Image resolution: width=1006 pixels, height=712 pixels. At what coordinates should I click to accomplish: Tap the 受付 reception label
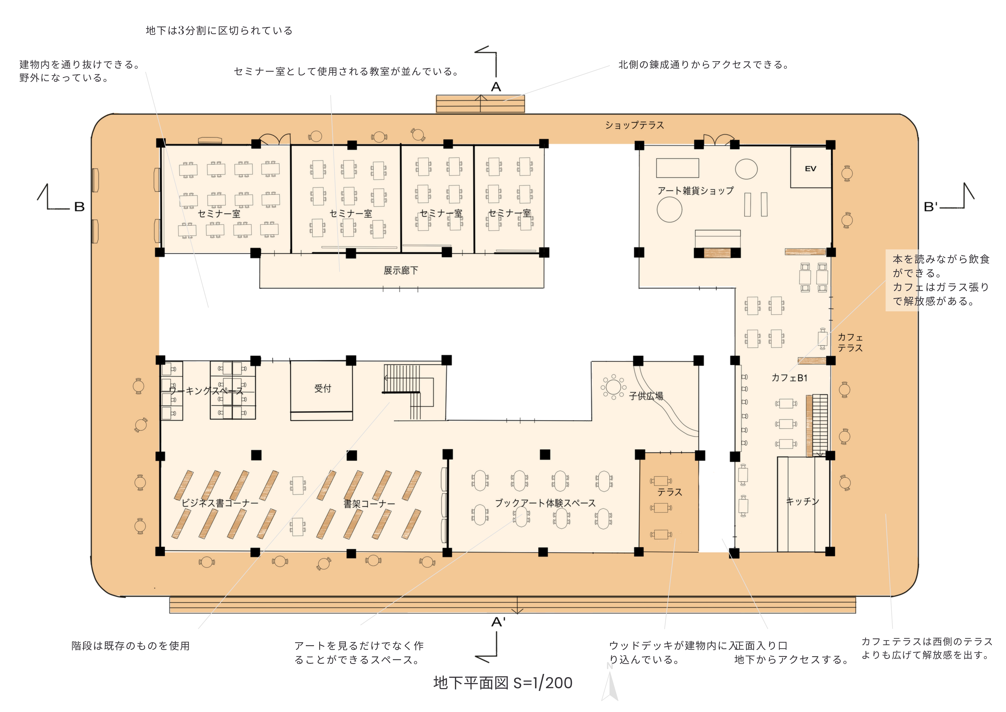[x=323, y=388]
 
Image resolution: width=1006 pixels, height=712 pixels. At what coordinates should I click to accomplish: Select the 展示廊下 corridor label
[x=401, y=270]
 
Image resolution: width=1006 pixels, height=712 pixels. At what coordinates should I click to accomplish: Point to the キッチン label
[x=802, y=501]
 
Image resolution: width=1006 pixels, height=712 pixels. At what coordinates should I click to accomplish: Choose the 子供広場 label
[x=646, y=396]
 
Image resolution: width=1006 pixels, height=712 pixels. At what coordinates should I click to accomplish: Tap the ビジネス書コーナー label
[x=220, y=503]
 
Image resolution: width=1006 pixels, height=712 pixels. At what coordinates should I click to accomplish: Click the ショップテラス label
[x=634, y=125]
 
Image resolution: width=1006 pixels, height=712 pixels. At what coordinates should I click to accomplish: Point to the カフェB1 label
[x=789, y=377]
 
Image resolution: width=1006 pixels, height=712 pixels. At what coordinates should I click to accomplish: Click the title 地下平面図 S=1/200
[x=503, y=683]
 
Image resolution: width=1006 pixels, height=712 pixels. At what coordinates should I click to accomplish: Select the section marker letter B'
[x=931, y=207]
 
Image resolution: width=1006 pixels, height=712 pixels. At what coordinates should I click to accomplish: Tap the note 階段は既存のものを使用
[x=131, y=646]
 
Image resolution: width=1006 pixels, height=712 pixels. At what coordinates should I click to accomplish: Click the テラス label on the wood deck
[x=669, y=492]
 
